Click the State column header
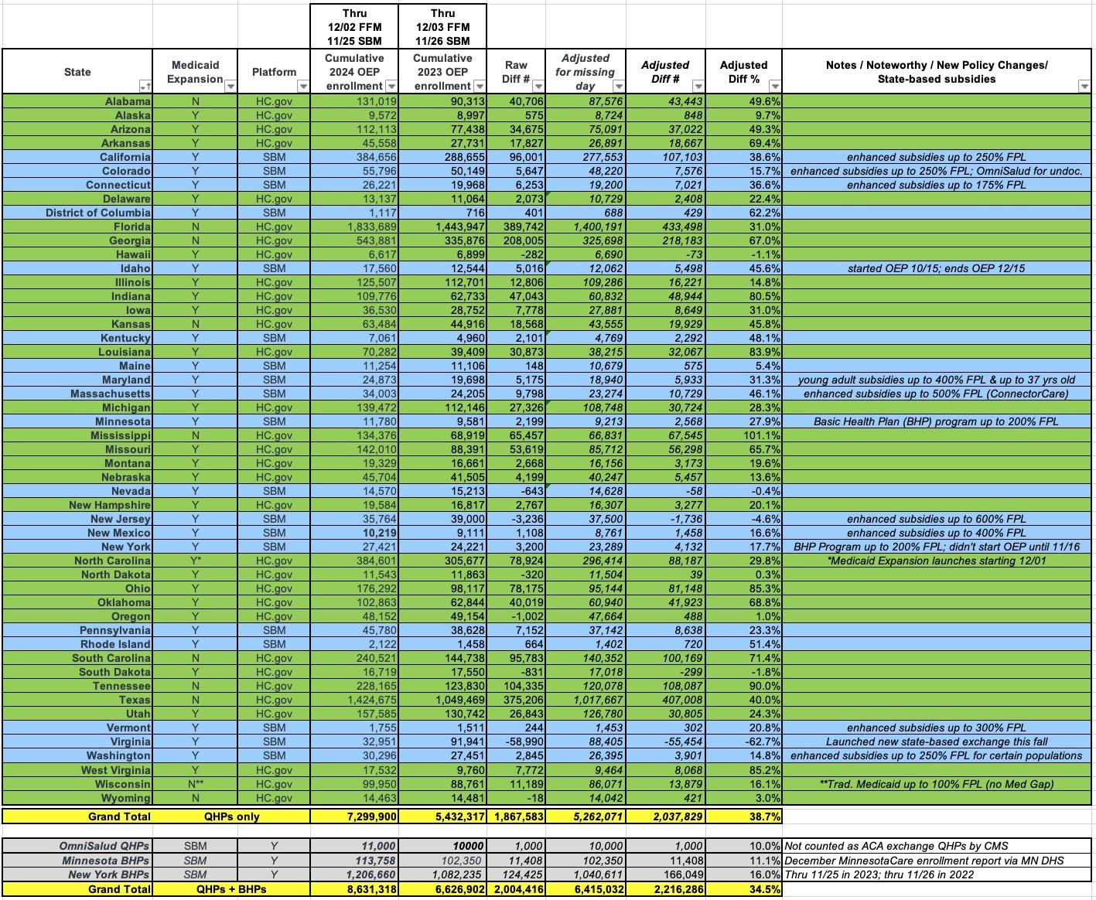click(77, 72)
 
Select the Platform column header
click(274, 72)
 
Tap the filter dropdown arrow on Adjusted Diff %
click(775, 87)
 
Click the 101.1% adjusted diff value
click(761, 435)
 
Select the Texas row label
click(135, 700)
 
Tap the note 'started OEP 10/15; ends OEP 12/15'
click(936, 268)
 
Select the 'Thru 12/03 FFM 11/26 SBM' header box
click(442, 26)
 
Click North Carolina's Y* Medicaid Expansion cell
click(195, 561)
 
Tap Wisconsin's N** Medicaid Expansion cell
click(195, 784)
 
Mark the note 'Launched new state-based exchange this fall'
click(936, 741)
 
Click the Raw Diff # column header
click(516, 72)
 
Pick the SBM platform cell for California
click(274, 157)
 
